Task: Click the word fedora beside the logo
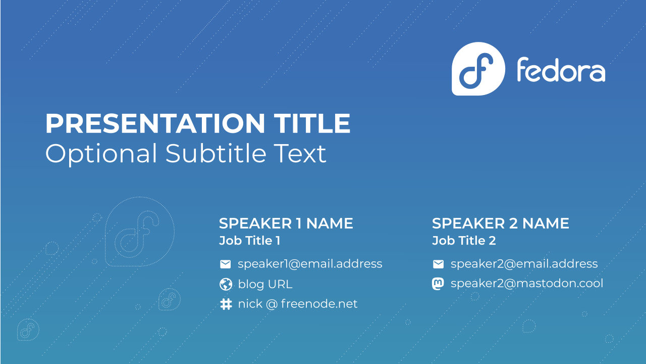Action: point(561,70)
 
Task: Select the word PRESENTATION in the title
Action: point(155,123)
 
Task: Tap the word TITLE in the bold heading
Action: point(312,123)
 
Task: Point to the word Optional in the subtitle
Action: point(101,155)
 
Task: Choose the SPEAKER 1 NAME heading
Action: point(286,223)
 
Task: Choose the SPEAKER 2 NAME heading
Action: point(501,223)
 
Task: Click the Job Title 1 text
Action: point(250,241)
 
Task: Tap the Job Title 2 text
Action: point(464,241)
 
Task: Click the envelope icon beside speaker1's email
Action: point(225,264)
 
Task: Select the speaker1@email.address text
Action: point(310,264)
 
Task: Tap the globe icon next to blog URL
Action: point(226,284)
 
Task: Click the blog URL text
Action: point(265,284)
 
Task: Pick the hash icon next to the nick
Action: point(226,304)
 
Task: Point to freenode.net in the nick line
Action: point(319,304)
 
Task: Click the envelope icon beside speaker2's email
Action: point(439,264)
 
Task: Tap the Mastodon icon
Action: point(438,284)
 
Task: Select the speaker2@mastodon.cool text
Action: point(527,284)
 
